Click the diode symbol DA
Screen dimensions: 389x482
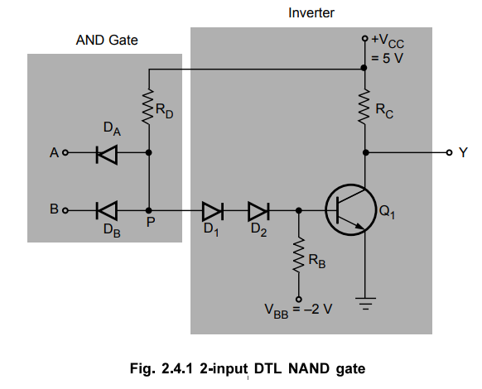[x=106, y=153]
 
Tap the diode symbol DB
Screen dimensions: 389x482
[x=106, y=210]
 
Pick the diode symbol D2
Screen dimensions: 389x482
[x=258, y=210]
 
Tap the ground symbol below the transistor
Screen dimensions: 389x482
[x=364, y=305]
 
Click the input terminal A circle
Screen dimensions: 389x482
[x=65, y=153]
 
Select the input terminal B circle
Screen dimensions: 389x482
[x=65, y=210]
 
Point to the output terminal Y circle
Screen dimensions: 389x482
[x=449, y=153]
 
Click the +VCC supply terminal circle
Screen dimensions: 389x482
[x=364, y=39]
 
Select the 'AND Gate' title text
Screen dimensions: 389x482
[x=107, y=39]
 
